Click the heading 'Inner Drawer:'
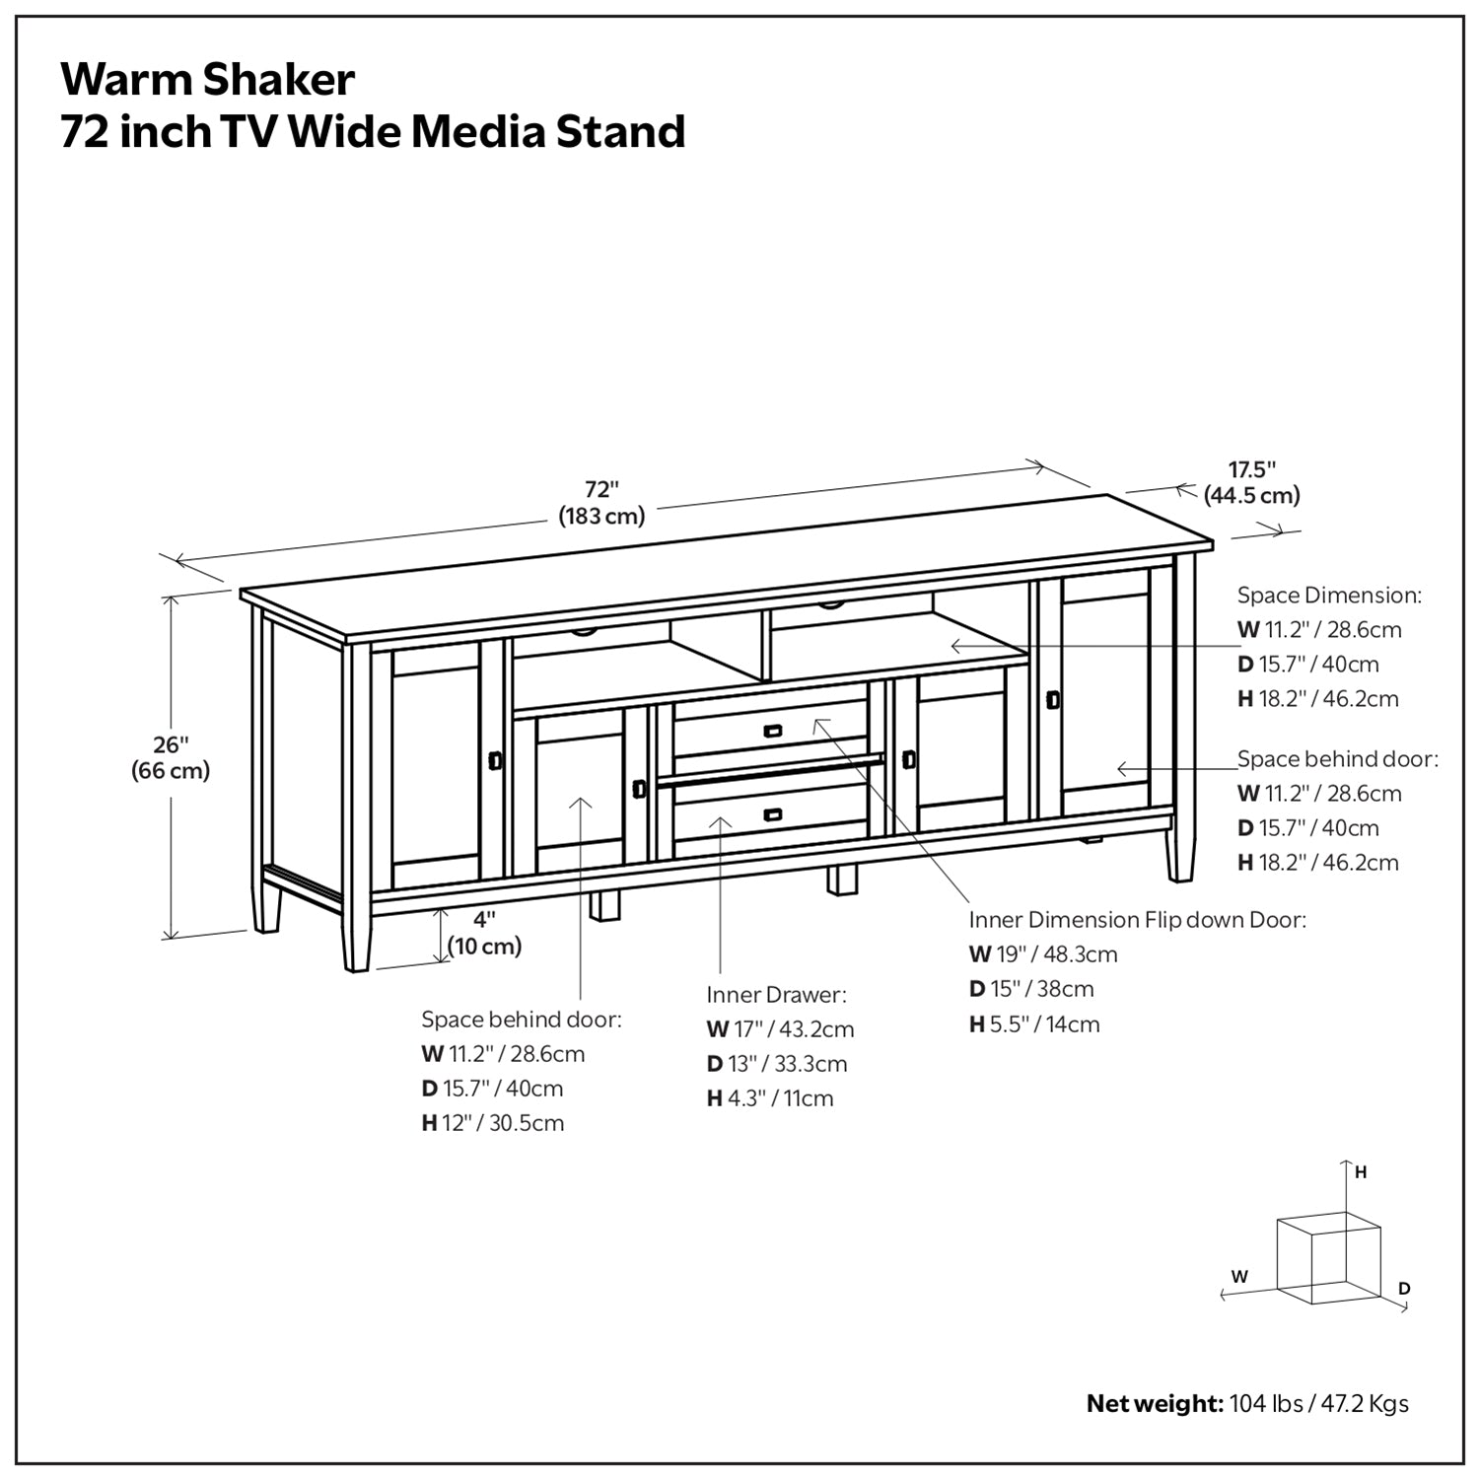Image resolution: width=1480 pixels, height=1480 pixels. [776, 994]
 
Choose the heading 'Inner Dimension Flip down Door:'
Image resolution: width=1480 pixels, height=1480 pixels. [1137, 920]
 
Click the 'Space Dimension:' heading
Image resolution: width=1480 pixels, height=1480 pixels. [1329, 596]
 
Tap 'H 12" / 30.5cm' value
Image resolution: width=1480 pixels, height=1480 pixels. [493, 1123]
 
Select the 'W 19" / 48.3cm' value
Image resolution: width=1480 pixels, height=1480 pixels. [1043, 954]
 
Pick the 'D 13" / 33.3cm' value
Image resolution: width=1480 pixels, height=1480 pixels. [777, 1064]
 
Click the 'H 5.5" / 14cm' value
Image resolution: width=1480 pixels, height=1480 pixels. [1034, 1024]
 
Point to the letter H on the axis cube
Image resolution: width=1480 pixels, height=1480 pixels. [1361, 1172]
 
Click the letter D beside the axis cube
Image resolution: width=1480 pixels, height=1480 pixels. [1404, 1289]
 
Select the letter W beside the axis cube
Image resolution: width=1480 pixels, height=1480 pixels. [1239, 1276]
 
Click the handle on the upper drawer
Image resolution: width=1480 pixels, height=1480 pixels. [772, 731]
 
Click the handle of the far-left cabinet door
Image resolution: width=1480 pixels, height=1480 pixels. [495, 761]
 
